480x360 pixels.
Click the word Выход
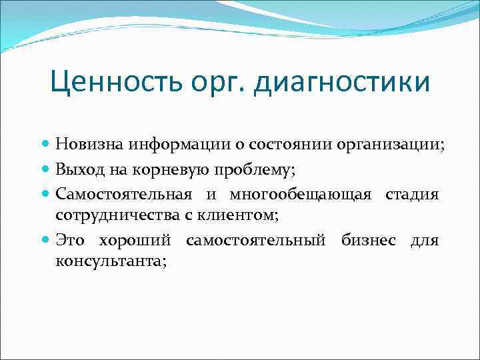77,169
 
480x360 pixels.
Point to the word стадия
411,195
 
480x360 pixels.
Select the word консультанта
111,262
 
